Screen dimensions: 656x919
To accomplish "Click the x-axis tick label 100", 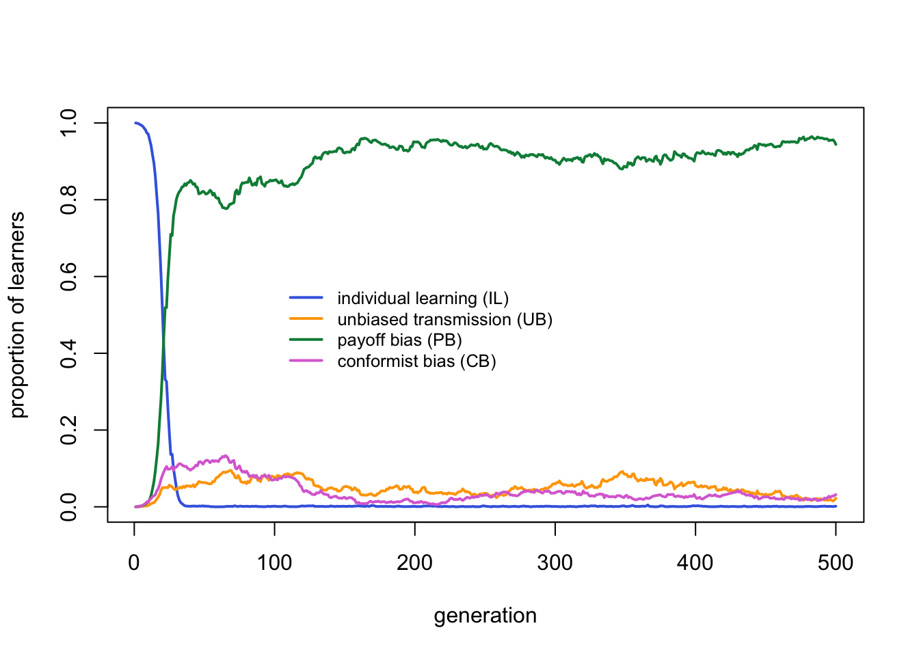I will [274, 563].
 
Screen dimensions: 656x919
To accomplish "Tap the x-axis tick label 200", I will [414, 563].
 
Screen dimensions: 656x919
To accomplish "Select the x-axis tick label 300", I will [555, 563].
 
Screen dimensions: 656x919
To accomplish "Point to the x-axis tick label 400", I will [695, 563].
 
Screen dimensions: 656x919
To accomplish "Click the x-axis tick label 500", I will [836, 563].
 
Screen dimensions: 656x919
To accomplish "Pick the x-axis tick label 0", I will [134, 563].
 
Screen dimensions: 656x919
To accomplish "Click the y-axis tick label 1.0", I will [69, 123].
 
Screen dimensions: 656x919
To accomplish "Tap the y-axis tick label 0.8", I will [69, 200].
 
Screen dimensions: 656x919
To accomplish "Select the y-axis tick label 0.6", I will [69, 277].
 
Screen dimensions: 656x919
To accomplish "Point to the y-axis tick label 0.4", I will [69, 353].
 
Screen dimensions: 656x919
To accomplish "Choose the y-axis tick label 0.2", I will [69, 430].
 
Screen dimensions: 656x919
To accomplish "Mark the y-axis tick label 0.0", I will [69, 507].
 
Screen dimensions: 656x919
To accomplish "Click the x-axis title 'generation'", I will [485, 616].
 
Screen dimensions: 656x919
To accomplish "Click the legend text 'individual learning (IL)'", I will [423, 299].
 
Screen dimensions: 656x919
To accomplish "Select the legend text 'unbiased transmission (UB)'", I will [444, 320].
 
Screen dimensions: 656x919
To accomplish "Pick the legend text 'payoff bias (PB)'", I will [399, 340].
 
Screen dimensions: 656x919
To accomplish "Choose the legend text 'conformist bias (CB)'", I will [416, 361].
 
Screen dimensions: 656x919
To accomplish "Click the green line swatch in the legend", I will [306, 340].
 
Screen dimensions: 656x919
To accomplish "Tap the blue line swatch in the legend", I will [306, 298].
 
